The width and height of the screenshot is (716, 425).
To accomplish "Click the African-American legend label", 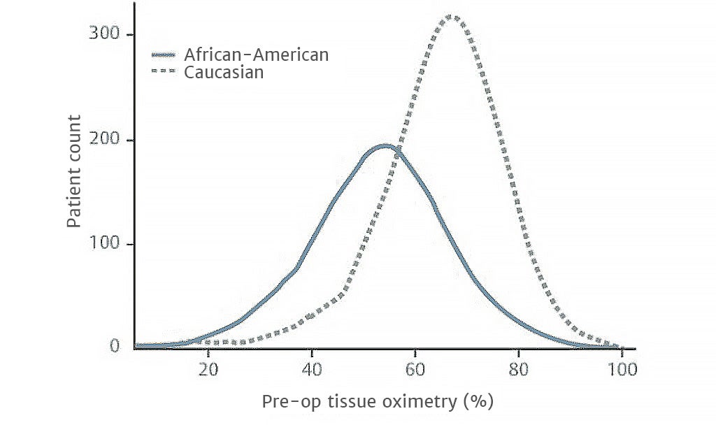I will click(256, 55).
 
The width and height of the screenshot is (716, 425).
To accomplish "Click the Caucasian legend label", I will click(224, 72).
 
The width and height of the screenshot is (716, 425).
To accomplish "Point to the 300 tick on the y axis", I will click(102, 35).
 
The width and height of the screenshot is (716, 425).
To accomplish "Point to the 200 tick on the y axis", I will click(102, 140).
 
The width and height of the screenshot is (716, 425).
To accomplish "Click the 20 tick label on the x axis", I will click(208, 369).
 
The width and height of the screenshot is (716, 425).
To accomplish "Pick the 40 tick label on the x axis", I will click(312, 369).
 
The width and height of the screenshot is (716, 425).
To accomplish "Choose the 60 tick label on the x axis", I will click(415, 369).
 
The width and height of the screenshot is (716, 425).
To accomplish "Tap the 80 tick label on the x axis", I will click(519, 369).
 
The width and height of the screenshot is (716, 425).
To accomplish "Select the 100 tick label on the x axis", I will click(620, 369).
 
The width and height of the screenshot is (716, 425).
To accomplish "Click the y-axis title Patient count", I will click(74, 171).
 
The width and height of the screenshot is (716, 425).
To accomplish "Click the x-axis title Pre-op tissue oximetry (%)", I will click(378, 402).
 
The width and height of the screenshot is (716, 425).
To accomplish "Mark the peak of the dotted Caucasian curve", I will click(455, 17).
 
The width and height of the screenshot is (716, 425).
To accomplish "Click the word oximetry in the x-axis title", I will click(420, 402).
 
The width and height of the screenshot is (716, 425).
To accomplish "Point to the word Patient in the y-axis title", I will click(74, 203).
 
